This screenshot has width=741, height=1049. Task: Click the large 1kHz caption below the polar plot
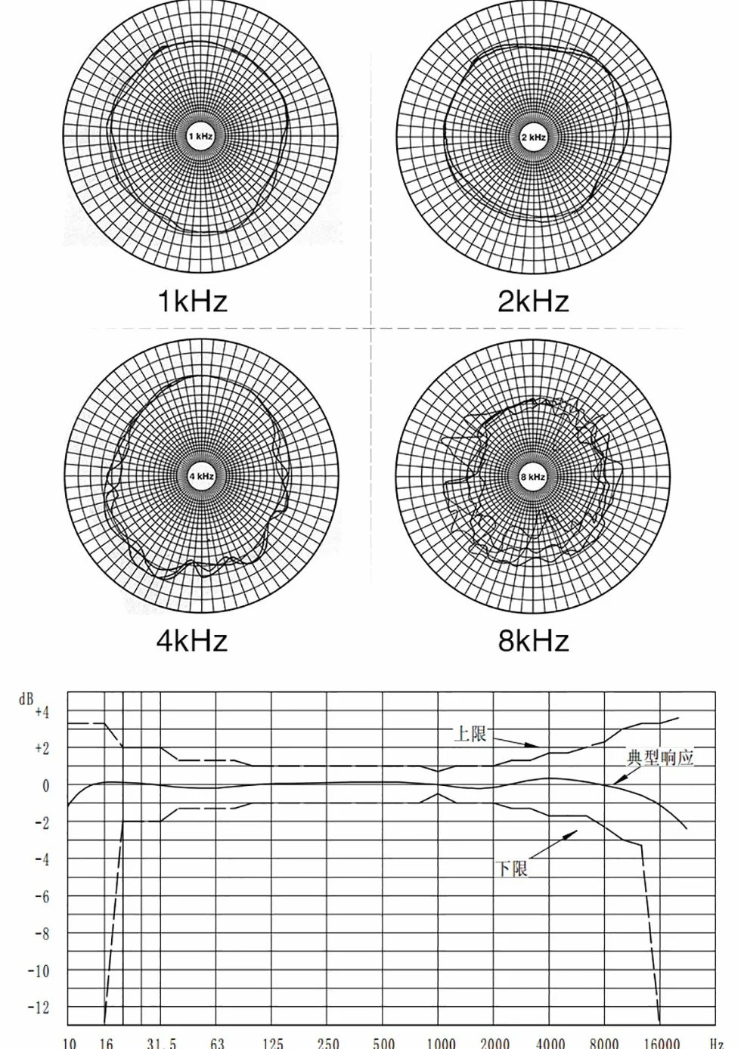click(x=193, y=301)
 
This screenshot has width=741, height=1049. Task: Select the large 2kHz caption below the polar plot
click(x=533, y=301)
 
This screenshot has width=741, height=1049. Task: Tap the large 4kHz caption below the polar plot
click(x=192, y=640)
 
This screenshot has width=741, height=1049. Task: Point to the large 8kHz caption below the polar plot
click(x=533, y=640)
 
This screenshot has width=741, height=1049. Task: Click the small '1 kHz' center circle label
click(x=200, y=137)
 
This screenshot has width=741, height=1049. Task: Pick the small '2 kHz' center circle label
click(x=533, y=138)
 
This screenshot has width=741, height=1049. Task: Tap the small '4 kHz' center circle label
click(x=201, y=476)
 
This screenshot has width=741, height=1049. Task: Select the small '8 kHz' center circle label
click(x=532, y=477)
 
